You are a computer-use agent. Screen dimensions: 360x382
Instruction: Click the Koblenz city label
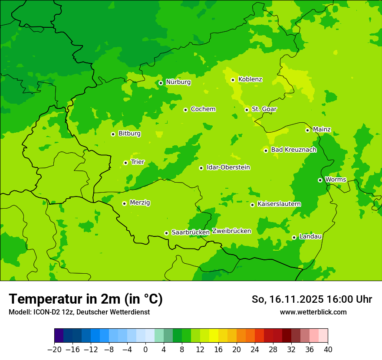250,79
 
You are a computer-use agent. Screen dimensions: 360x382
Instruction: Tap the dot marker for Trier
125,163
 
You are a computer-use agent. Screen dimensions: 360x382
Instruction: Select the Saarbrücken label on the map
191,232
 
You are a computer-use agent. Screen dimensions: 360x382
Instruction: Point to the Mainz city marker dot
307,130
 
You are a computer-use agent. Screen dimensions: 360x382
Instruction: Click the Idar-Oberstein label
228,167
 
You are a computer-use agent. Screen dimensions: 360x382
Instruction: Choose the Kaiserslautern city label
279,204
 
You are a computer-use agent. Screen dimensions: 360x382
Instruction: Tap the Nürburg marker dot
161,83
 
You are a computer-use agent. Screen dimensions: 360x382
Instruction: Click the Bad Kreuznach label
293,150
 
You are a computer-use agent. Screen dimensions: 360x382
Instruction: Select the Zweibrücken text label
231,231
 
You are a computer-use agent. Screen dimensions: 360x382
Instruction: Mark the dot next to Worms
320,180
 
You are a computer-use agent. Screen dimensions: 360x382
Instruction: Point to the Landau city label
310,236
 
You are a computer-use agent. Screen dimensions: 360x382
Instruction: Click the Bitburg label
129,134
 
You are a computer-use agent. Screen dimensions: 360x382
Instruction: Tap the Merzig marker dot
124,203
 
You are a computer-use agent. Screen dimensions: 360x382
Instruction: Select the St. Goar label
264,109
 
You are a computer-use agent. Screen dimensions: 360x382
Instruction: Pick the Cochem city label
203,109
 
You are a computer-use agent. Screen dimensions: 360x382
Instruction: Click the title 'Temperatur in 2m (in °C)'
86,299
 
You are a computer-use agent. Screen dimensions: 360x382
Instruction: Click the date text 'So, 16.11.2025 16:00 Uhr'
312,299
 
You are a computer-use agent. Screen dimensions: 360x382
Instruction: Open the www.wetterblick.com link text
313,312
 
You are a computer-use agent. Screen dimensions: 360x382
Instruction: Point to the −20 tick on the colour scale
54,350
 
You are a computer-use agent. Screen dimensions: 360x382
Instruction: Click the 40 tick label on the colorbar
328,350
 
